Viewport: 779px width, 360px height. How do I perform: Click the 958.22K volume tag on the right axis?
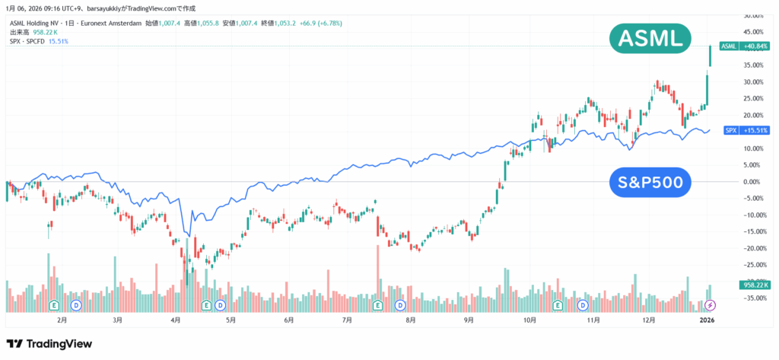755,284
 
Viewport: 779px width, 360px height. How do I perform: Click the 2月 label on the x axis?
63,321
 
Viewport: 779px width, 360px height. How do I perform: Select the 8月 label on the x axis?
411,321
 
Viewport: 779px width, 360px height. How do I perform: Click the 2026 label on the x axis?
707,321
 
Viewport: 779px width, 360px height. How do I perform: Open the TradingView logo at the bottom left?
49,344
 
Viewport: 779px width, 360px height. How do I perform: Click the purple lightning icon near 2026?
711,305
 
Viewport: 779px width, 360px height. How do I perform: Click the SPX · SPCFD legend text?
27,41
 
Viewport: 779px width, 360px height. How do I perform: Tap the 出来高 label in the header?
19,32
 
